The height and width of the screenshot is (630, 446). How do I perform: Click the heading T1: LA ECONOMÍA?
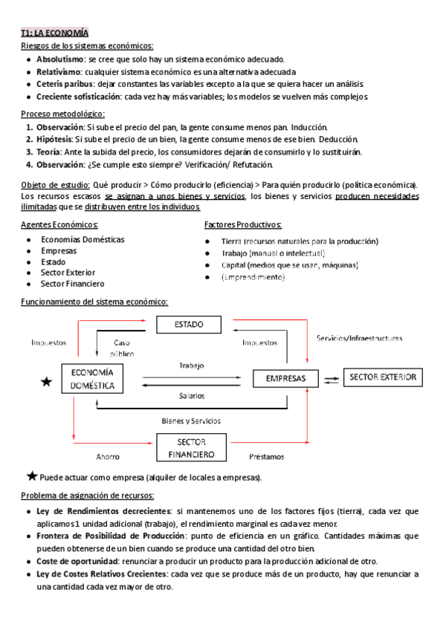click(x=54, y=33)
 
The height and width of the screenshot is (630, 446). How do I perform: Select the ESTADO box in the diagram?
click(x=189, y=325)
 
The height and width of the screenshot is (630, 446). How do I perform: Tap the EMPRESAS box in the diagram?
click(x=285, y=378)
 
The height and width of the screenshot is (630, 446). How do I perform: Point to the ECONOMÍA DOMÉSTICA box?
click(x=92, y=379)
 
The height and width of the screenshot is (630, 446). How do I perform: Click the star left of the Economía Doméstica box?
click(x=47, y=382)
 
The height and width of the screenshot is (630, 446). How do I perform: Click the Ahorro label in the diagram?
click(x=109, y=456)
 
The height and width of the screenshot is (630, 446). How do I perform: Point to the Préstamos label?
click(x=266, y=456)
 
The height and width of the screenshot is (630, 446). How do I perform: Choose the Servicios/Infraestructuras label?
click(x=360, y=338)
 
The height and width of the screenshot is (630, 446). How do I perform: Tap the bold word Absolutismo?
click(x=59, y=59)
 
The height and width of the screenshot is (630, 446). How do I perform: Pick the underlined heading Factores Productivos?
click(x=242, y=224)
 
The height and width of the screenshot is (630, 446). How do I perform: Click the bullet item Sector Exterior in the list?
click(x=68, y=272)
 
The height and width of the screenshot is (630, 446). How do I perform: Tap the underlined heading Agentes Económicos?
click(x=59, y=224)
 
